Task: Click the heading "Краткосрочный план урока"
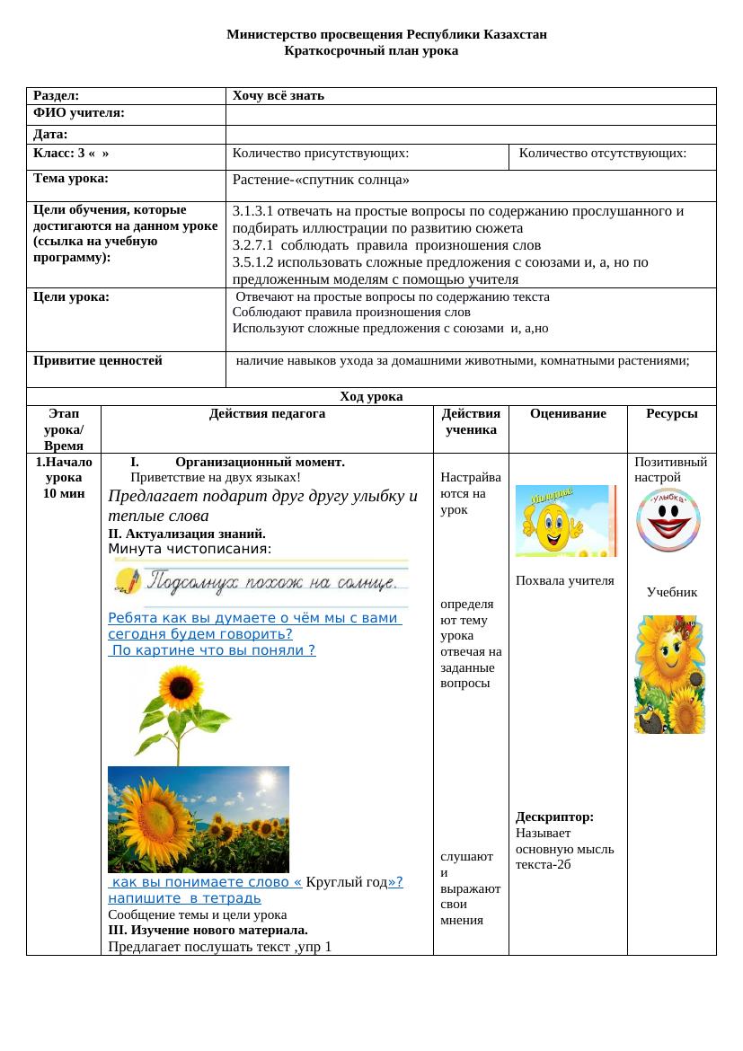click(x=371, y=51)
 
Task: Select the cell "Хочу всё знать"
click(x=279, y=95)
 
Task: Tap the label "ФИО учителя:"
click(x=78, y=113)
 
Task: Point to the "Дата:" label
click(x=51, y=134)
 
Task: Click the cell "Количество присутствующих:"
click(x=321, y=154)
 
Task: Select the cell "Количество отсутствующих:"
click(x=603, y=154)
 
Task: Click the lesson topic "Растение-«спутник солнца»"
click(x=321, y=180)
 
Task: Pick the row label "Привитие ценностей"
click(x=98, y=361)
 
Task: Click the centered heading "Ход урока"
click(x=371, y=396)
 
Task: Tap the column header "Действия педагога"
click(x=267, y=414)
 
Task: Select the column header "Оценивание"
click(x=568, y=414)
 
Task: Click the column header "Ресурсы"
click(x=672, y=414)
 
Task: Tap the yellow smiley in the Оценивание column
click(x=566, y=521)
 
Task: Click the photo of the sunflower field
click(x=199, y=819)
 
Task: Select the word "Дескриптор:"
click(x=554, y=817)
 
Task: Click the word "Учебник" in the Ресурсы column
click(x=672, y=593)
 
